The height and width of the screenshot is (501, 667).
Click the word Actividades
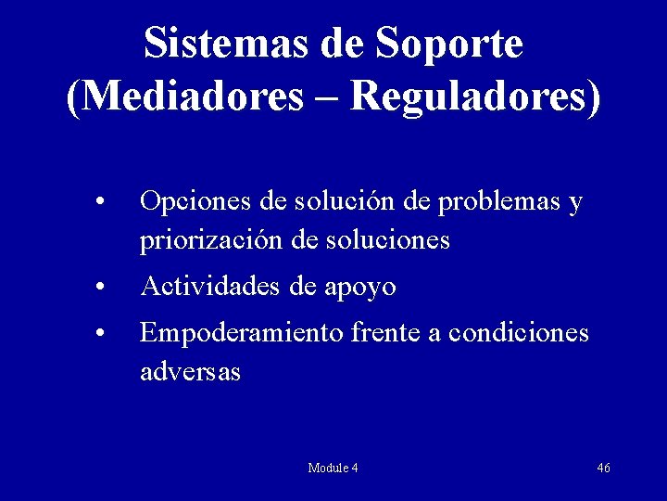point(210,287)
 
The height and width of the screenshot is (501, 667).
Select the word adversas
point(190,371)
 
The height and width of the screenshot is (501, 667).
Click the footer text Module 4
point(333,468)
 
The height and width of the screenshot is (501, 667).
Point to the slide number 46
point(603,468)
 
